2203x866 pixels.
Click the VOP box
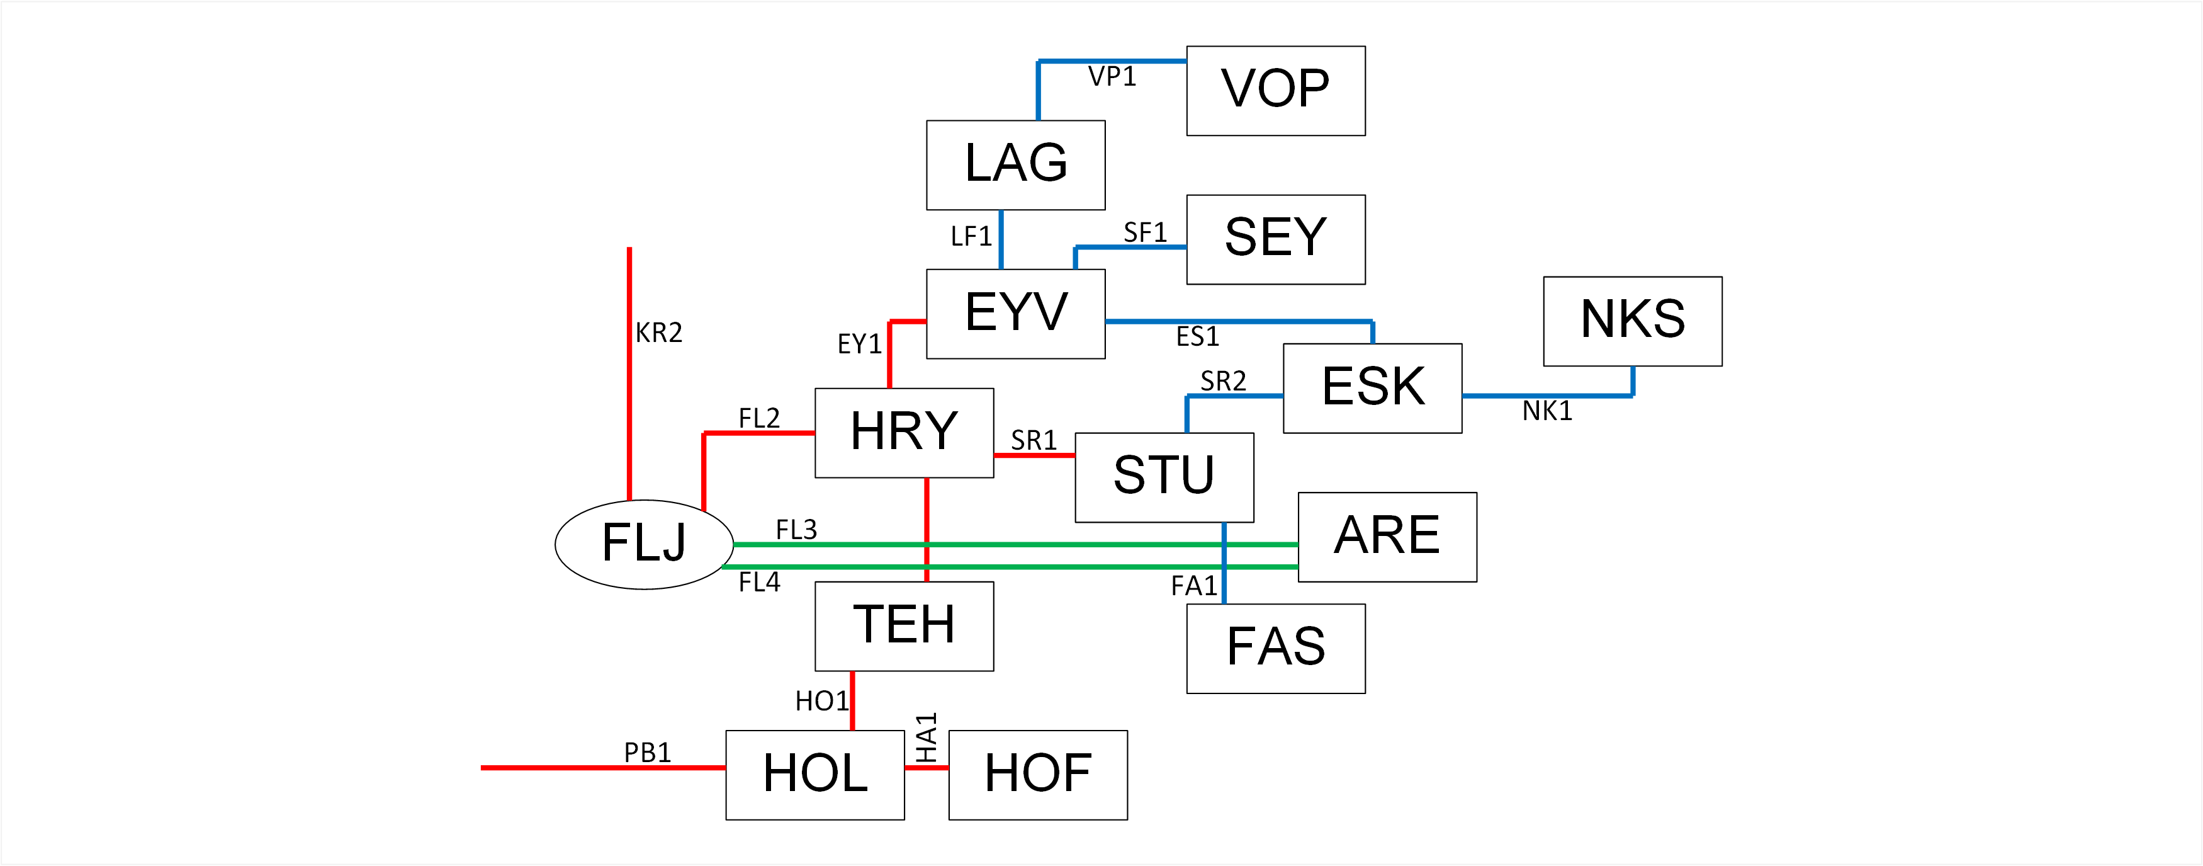pyautogui.click(x=1275, y=91)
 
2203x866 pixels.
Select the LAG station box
pyautogui.click(x=1015, y=165)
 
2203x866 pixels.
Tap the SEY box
pyautogui.click(x=1275, y=239)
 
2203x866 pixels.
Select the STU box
pyautogui.click(x=1164, y=477)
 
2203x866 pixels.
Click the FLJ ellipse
pyautogui.click(x=644, y=544)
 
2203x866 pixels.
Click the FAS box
pyautogui.click(x=1275, y=649)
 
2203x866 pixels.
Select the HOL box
pyautogui.click(x=815, y=775)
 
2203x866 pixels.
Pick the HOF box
pyautogui.click(x=1037, y=775)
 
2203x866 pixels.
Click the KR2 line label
pyautogui.click(x=658, y=332)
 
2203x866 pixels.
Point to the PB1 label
pyautogui.click(x=648, y=752)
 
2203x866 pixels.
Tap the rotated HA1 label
pyautogui.click(x=926, y=737)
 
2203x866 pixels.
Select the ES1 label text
pyautogui.click(x=1197, y=337)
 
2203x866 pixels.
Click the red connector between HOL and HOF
pyautogui.click(x=926, y=768)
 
